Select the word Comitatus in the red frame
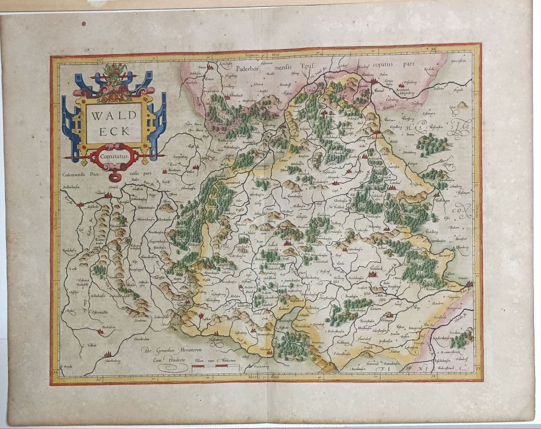click(x=114, y=156)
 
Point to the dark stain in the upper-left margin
click(x=84, y=24)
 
